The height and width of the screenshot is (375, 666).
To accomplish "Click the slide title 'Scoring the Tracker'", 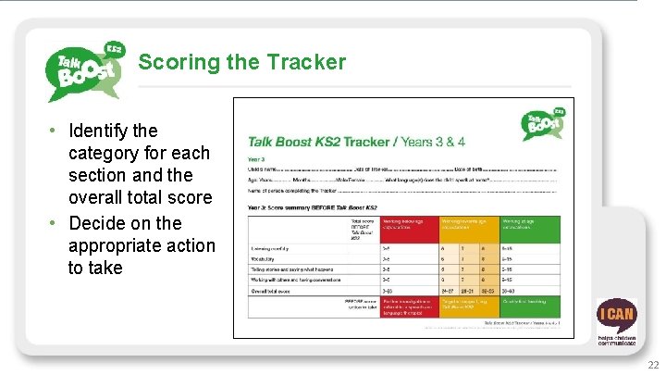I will click(241, 62).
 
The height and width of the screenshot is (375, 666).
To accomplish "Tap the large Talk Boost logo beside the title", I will click(85, 72).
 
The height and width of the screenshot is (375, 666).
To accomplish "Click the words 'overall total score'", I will click(140, 197).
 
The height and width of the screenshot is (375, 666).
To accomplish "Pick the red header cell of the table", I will click(407, 228).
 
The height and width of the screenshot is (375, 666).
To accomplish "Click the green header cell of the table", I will click(531, 228).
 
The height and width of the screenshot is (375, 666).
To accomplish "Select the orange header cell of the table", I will click(468, 228).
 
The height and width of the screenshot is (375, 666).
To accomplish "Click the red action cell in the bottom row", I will click(407, 306).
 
